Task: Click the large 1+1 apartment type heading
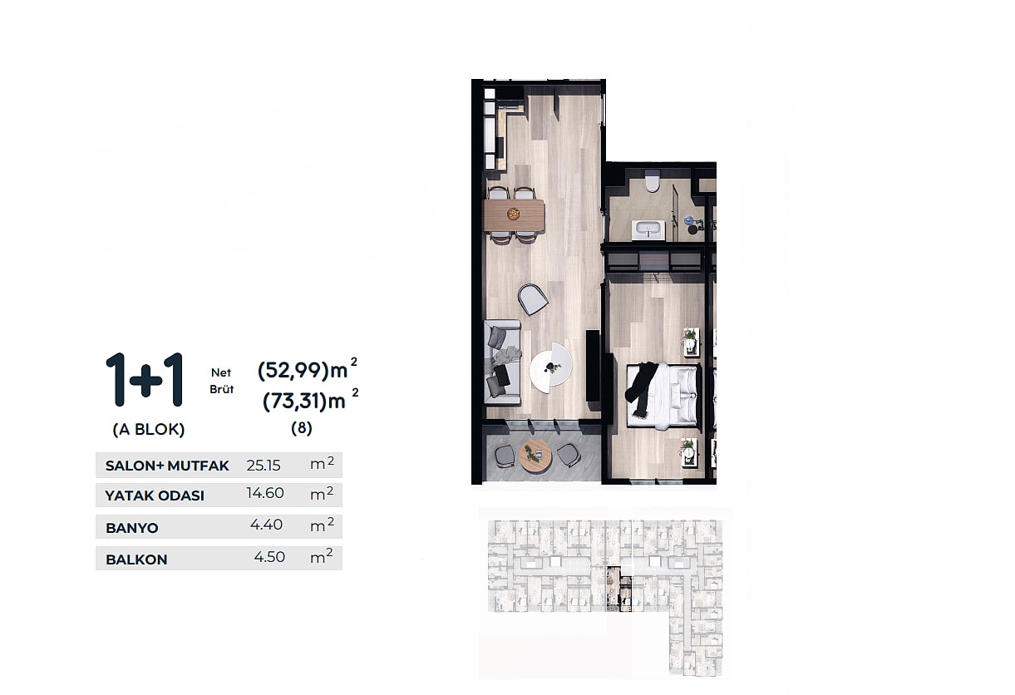pyautogui.click(x=145, y=380)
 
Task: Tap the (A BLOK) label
pyautogui.click(x=149, y=429)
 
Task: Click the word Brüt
pyautogui.click(x=222, y=389)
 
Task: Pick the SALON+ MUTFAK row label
pyautogui.click(x=167, y=466)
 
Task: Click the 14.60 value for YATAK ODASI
pyautogui.click(x=265, y=492)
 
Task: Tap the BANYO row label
pyautogui.click(x=132, y=528)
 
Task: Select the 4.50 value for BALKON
pyautogui.click(x=269, y=556)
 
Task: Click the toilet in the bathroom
pyautogui.click(x=653, y=180)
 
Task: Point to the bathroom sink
pyautogui.click(x=649, y=230)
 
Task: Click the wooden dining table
pyautogui.click(x=515, y=215)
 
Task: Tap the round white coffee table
pyautogui.click(x=551, y=366)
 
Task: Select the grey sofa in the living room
pyautogui.click(x=503, y=362)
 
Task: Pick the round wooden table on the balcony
pyautogui.click(x=535, y=456)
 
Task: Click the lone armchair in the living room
pyautogui.click(x=533, y=298)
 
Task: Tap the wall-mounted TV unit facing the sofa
pyautogui.click(x=593, y=365)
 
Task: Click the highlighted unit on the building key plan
pyautogui.click(x=618, y=589)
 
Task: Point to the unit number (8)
pyautogui.click(x=302, y=428)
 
